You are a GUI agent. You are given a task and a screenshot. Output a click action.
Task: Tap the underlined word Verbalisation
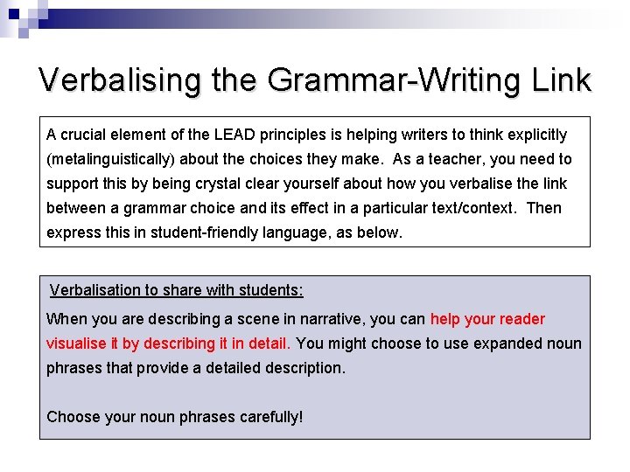click(x=96, y=289)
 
